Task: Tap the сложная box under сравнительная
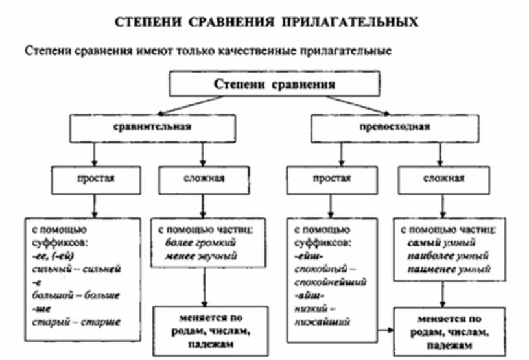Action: click(202, 178)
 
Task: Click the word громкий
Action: click(216, 243)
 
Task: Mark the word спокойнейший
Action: click(330, 282)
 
